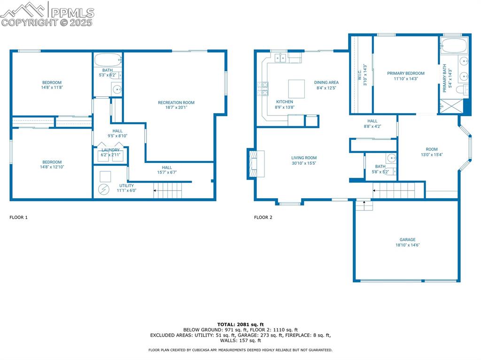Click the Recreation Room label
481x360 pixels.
click(x=176, y=102)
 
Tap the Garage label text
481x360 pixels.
click(x=407, y=239)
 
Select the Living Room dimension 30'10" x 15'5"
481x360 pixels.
click(x=304, y=163)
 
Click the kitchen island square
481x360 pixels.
click(x=296, y=89)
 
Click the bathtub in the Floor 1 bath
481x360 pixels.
click(x=108, y=60)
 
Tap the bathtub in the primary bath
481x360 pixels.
click(x=454, y=46)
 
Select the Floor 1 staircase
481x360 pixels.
click(x=168, y=191)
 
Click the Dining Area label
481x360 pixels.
click(x=326, y=83)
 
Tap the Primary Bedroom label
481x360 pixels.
click(x=405, y=73)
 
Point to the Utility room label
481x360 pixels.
click(x=126, y=185)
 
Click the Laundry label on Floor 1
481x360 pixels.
click(x=111, y=150)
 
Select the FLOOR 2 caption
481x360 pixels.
click(x=263, y=217)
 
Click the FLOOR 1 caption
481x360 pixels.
click(x=19, y=217)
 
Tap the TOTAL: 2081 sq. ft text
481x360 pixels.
click(x=240, y=324)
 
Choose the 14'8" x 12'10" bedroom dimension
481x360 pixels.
click(x=52, y=167)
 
